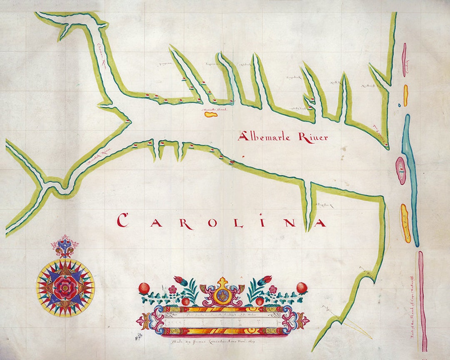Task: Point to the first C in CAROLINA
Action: coord(122,220)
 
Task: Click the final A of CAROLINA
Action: coord(320,223)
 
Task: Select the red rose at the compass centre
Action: coord(65,286)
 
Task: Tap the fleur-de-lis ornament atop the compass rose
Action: coord(64,249)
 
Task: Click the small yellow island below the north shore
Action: coord(210,113)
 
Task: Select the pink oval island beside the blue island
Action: coord(400,170)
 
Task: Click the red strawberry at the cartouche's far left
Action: coord(144,287)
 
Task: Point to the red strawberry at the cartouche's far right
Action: coord(302,287)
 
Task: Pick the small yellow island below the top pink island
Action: coord(405,95)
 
